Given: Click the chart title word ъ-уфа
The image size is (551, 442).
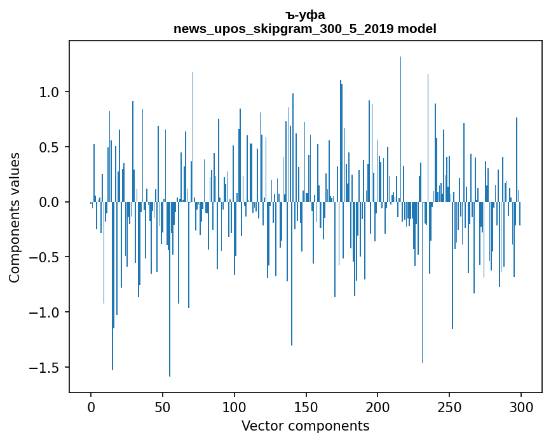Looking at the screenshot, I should point(305,15).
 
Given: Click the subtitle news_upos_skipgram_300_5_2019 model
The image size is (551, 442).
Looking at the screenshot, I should point(305,29).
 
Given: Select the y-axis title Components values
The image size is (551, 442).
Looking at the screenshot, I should point(15,217).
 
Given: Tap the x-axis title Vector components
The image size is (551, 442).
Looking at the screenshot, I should point(305,426).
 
